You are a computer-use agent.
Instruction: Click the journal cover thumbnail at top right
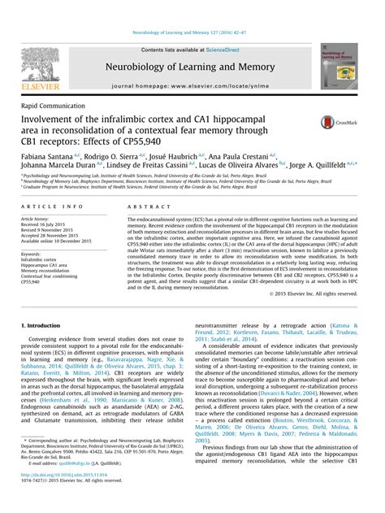(x=338, y=67)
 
